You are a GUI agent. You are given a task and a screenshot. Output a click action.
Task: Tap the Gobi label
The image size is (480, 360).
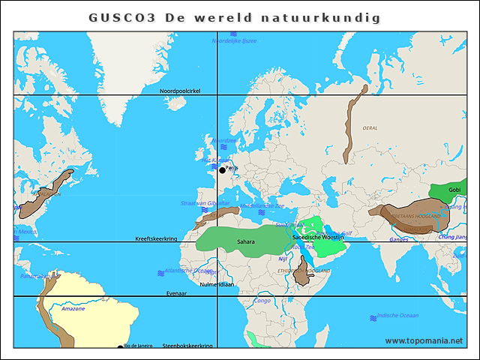[454, 190]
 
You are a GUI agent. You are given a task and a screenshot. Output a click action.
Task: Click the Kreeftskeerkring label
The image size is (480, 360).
[156, 238]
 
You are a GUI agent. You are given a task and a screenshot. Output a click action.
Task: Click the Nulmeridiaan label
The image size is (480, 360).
[217, 285]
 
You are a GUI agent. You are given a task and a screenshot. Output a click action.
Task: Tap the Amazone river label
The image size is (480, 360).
[73, 308]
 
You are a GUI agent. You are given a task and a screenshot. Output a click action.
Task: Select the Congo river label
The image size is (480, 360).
[262, 301]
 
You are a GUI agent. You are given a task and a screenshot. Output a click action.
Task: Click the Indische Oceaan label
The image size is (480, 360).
[397, 316]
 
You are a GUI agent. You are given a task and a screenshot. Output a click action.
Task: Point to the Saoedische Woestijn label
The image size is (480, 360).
[317, 237]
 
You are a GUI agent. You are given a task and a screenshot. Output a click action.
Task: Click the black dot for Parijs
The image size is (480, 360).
[222, 170]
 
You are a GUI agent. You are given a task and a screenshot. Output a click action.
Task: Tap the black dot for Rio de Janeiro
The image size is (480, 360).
[120, 347]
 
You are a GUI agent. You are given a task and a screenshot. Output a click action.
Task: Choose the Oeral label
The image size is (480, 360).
[370, 128]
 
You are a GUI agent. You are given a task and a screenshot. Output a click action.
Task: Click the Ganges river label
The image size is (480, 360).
[399, 239]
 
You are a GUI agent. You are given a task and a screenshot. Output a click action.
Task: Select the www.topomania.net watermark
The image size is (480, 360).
[424, 341]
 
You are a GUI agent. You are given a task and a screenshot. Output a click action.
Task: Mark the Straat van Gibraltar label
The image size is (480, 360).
[205, 203]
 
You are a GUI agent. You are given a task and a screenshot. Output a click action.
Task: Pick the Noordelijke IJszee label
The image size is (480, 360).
[234, 41]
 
